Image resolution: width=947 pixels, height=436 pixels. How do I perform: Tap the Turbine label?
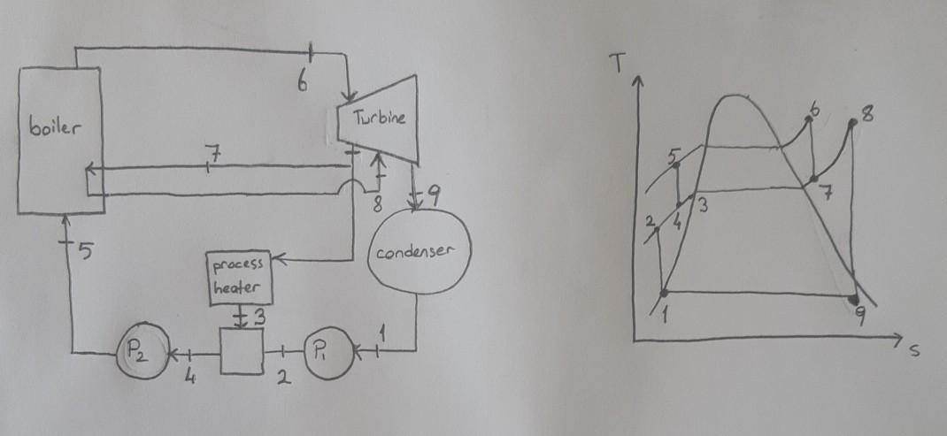click(379, 119)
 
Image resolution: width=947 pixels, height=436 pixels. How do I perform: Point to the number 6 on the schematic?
click(303, 84)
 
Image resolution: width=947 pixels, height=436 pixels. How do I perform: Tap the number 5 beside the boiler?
click(85, 253)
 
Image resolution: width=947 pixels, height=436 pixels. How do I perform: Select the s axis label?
click(914, 351)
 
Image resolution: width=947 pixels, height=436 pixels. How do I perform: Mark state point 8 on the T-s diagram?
click(851, 123)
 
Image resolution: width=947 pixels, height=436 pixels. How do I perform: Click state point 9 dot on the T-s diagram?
click(854, 302)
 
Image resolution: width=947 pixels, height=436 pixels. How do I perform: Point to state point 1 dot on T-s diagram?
click(664, 291)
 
